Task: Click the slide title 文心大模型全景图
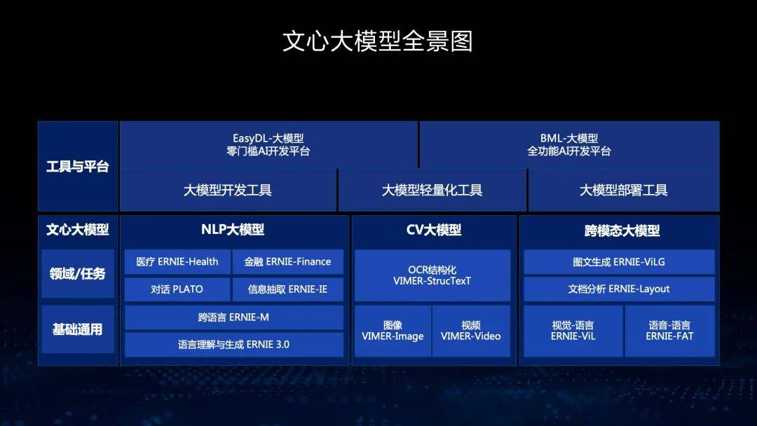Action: click(x=378, y=41)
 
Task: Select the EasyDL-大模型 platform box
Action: click(x=268, y=144)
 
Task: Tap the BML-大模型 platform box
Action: click(x=569, y=144)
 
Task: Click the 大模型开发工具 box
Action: click(x=228, y=190)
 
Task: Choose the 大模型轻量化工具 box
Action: click(x=432, y=190)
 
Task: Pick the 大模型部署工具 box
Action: click(x=623, y=190)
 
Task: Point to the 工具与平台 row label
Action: click(x=78, y=167)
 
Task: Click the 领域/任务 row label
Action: click(x=78, y=273)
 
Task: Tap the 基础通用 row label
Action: click(x=78, y=329)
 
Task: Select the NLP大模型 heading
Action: click(x=233, y=230)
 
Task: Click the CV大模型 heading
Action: click(x=433, y=230)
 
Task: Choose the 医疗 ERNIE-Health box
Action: click(x=177, y=262)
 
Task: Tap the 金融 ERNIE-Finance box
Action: click(x=287, y=262)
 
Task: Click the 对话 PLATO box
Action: click(x=177, y=289)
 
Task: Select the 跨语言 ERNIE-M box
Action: click(x=233, y=317)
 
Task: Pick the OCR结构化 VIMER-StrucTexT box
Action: click(x=432, y=275)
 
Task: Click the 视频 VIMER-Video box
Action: click(x=471, y=331)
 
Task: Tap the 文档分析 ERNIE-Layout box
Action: click(x=619, y=289)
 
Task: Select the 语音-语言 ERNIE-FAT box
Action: click(x=669, y=331)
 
